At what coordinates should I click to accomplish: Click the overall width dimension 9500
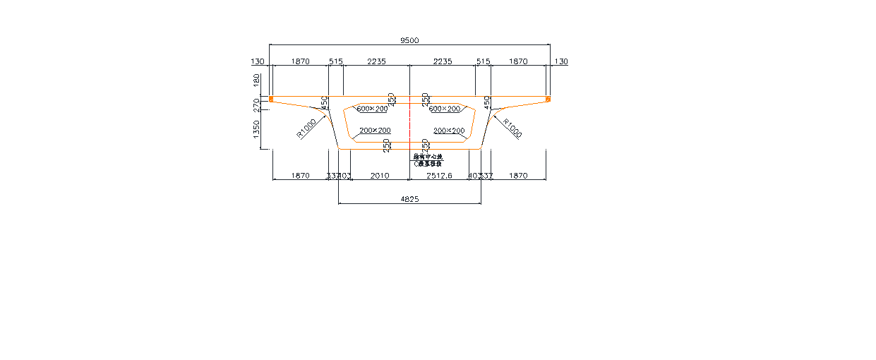(409, 41)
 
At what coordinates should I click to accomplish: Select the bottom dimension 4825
(409, 200)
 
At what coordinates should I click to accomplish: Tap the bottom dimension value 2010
(380, 176)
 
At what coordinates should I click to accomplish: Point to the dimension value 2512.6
(439, 176)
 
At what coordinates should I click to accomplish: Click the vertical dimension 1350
(256, 129)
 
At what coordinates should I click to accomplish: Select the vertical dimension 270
(256, 105)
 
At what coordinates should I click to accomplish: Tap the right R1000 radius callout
(512, 128)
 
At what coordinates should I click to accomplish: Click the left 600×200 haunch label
(372, 109)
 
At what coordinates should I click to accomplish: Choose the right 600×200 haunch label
(445, 109)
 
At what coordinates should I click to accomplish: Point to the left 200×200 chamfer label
(375, 131)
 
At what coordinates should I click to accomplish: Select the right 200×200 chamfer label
(449, 131)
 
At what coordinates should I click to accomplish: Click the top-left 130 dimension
(258, 62)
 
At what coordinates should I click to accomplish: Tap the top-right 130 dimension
(560, 62)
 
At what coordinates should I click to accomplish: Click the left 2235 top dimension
(376, 62)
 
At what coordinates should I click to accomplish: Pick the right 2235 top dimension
(443, 62)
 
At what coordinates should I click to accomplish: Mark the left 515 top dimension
(335, 62)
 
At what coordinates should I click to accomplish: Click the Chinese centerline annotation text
(428, 160)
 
